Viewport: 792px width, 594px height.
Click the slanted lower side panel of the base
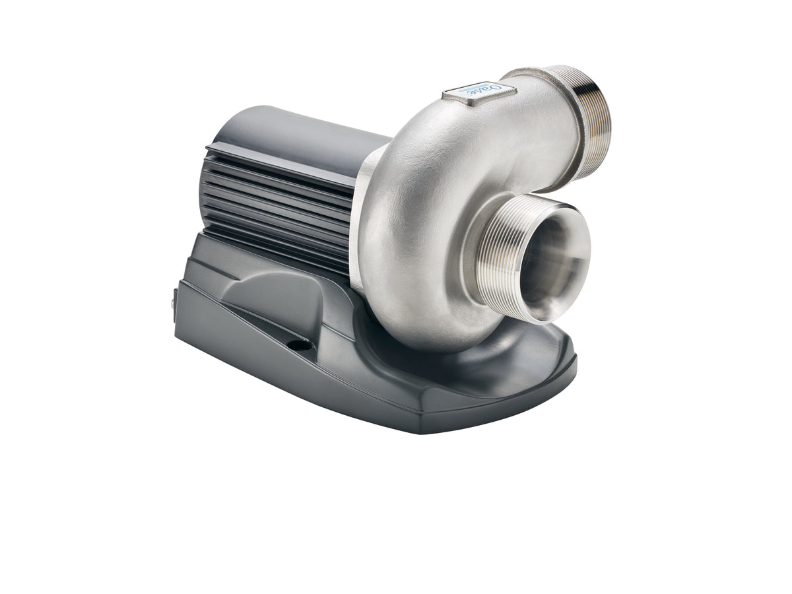pos(264,370)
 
